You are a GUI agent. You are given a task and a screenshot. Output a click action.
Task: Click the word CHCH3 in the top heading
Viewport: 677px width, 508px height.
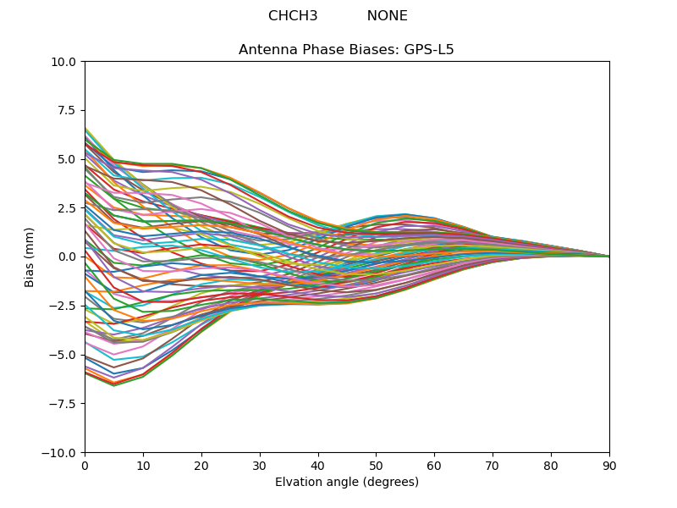click(293, 16)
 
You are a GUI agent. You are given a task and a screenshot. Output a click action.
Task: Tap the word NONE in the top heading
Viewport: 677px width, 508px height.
click(387, 16)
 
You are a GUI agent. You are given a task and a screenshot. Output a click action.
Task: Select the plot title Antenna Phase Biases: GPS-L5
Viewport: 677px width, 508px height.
click(346, 50)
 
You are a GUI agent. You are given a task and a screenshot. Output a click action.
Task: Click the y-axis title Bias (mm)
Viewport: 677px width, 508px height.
click(30, 257)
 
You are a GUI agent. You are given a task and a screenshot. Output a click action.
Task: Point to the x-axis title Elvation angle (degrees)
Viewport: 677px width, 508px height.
click(346, 483)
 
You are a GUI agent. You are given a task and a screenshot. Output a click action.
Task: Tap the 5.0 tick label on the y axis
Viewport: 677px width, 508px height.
click(69, 159)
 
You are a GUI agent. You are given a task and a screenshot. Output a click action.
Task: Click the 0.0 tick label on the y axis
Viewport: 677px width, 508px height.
click(69, 257)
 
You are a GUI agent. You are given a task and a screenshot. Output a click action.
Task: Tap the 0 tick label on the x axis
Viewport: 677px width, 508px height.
click(85, 466)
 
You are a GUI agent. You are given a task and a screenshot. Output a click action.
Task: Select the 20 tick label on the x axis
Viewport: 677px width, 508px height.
click(201, 466)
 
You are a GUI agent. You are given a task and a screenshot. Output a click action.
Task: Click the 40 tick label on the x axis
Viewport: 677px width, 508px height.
click(318, 466)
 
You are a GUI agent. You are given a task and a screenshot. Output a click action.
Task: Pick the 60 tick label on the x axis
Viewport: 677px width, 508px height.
click(434, 466)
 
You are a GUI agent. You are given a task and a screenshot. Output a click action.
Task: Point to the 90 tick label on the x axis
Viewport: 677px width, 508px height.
click(609, 466)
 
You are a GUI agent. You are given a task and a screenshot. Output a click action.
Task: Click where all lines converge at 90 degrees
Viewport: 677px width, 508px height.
click(609, 257)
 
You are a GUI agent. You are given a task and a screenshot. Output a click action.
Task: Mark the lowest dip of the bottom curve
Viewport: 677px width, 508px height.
click(113, 386)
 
